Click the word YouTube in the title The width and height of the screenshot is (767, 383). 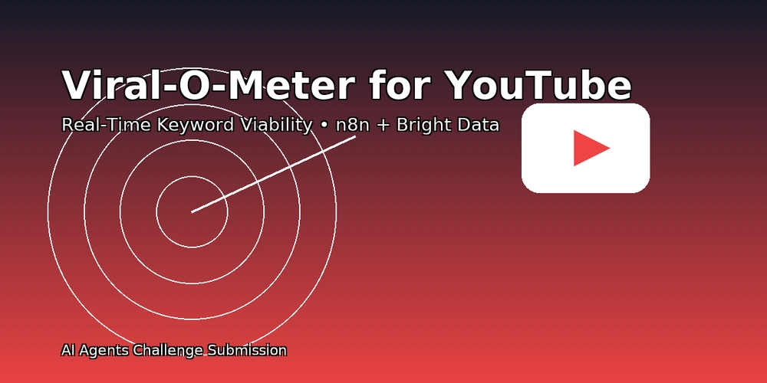539,85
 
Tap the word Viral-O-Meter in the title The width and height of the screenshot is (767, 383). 207,85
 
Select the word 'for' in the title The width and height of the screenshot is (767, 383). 400,85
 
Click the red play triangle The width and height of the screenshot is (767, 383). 591,148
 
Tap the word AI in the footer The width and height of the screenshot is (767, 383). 67,350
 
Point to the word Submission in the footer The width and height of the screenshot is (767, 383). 246,350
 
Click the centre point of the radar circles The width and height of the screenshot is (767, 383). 192,211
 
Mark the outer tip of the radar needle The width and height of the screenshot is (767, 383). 355,137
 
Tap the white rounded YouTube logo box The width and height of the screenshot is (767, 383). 585,148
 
